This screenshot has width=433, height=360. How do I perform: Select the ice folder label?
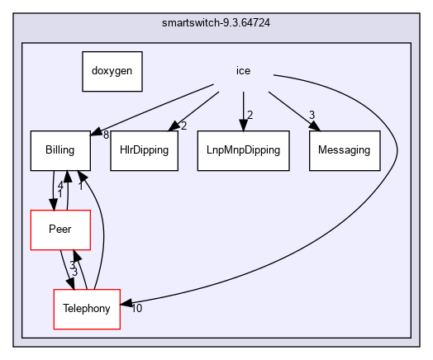(243, 71)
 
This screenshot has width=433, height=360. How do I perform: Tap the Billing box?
(61, 150)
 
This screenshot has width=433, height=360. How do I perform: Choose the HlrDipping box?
(144, 150)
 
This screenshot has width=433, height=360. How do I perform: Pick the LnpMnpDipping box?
(243, 150)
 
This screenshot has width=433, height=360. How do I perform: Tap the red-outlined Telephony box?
(87, 309)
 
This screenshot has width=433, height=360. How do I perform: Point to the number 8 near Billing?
(107, 134)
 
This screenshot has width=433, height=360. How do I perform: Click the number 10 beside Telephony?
(136, 309)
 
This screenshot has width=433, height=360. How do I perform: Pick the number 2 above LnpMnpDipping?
(250, 115)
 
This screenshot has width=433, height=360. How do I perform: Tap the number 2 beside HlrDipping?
(183, 125)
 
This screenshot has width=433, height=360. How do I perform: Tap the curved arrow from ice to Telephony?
(388, 173)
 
